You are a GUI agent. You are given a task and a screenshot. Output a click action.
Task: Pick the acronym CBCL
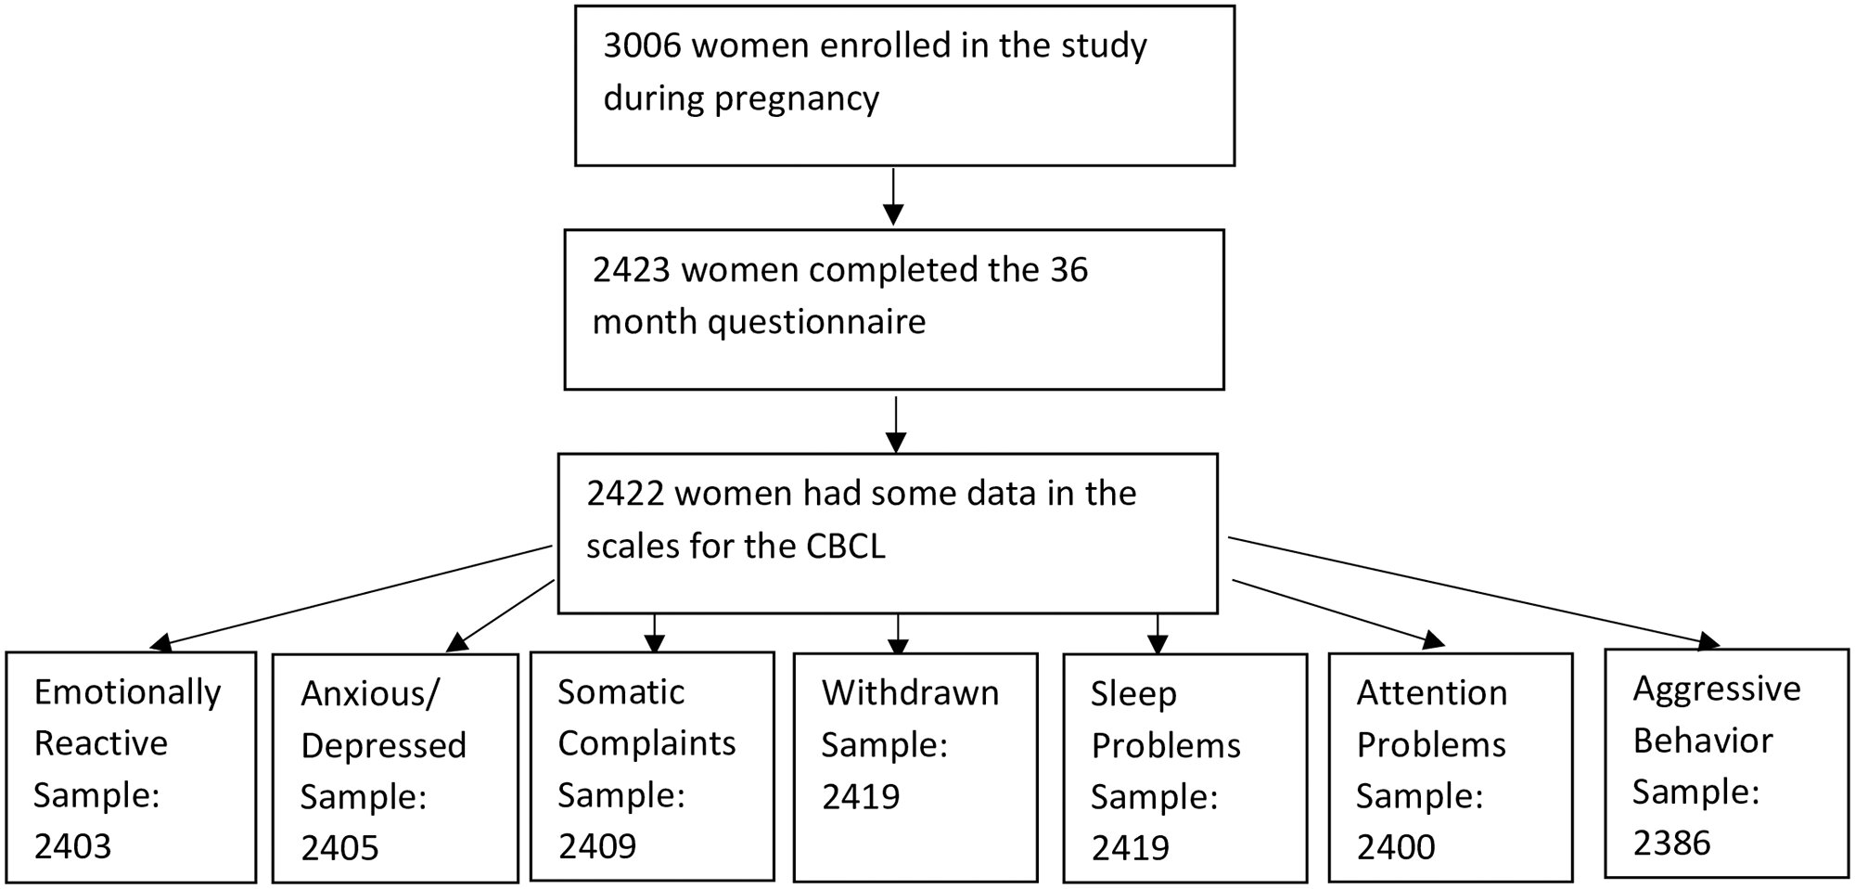845,546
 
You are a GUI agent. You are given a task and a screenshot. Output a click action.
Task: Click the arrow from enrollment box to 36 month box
892,197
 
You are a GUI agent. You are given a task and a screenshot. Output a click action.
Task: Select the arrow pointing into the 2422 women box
895,424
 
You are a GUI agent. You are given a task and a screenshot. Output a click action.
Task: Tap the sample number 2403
72,846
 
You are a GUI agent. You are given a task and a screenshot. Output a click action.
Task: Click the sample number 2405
339,848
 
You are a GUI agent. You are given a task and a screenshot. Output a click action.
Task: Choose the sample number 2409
597,846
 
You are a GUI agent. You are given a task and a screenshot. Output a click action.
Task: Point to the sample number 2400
1396,847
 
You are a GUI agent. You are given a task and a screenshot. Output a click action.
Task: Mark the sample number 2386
1671,843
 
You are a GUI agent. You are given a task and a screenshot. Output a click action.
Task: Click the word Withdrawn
911,693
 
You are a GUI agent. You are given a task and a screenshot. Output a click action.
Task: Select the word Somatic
621,692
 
